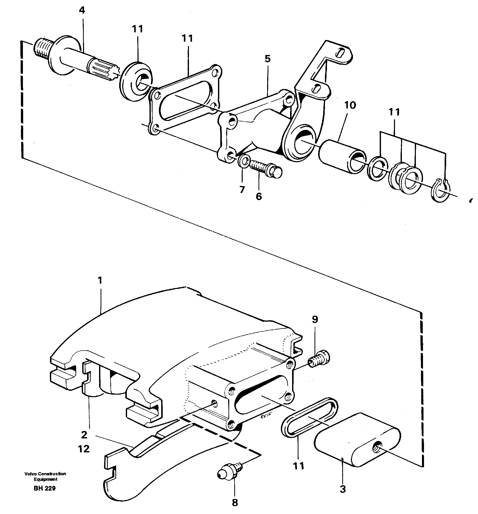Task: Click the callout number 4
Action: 82,11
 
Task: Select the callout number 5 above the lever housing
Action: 268,59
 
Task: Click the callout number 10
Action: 350,105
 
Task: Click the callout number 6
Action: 259,197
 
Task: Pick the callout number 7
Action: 242,189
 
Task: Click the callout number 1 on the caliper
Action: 100,280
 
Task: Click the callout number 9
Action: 315,319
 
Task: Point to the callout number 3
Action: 343,489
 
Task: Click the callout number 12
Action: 84,449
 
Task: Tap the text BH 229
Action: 45,488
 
